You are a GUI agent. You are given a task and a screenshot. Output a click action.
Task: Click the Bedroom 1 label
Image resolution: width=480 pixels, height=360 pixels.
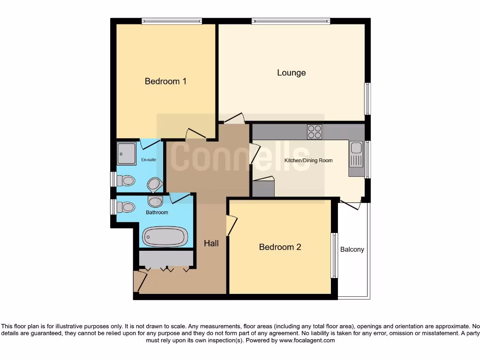165,81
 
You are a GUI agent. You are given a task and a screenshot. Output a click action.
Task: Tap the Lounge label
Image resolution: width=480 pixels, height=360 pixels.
291,73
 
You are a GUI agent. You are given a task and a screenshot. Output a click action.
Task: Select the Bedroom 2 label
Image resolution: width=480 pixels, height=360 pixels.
280,247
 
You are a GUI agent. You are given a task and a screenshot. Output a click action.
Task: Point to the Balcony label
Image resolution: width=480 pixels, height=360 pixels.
352,249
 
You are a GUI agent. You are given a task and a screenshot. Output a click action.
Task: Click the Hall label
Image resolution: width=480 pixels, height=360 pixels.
211,243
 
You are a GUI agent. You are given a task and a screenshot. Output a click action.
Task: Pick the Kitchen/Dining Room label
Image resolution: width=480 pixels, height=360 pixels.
308,160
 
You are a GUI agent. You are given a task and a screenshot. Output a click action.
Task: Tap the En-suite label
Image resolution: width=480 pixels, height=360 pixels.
149,160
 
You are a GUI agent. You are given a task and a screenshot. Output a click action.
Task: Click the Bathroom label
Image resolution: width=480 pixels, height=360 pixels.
157,212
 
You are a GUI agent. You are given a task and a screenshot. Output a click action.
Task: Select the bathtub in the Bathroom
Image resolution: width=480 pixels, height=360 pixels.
165,237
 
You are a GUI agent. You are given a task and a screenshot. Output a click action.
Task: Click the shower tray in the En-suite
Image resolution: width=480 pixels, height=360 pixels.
127,154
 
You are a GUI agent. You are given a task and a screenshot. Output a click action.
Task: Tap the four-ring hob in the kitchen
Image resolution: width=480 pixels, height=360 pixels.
315,131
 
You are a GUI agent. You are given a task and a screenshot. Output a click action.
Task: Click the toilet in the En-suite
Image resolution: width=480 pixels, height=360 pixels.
126,180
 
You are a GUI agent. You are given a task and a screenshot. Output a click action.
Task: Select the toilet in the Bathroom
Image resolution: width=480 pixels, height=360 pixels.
126,207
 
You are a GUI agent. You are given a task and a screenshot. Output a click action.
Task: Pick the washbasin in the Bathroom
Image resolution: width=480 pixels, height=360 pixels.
154,202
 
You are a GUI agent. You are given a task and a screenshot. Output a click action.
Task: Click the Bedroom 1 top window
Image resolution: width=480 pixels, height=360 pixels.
172,21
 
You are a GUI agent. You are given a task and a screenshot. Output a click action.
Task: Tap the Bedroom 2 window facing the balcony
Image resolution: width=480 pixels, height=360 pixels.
334,255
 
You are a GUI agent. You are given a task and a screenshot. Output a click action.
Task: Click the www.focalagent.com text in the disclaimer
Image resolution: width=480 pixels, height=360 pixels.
307,340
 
